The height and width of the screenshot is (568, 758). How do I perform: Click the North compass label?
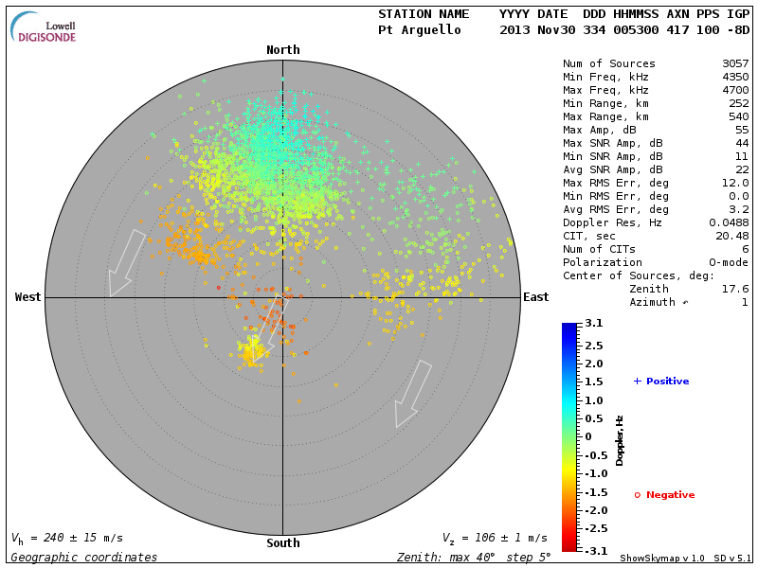click(x=282, y=50)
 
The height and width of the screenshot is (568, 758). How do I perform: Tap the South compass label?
click(x=282, y=543)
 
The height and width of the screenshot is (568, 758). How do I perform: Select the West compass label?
click(x=28, y=297)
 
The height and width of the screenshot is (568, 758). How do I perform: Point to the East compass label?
click(x=536, y=297)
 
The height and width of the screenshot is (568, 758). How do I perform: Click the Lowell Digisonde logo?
click(x=45, y=28)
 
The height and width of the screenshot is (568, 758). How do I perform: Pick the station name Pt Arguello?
click(x=420, y=30)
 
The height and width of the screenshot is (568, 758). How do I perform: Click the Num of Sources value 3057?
click(x=735, y=64)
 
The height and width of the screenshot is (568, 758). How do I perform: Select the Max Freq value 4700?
click(x=735, y=91)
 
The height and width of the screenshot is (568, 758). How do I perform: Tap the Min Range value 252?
click(x=739, y=104)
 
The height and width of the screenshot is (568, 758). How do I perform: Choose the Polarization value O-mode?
click(x=727, y=262)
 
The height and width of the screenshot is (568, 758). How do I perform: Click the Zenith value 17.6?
click(x=735, y=289)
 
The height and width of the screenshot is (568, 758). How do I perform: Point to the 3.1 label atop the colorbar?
click(x=593, y=324)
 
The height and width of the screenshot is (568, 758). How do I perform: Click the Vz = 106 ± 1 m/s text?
click(x=494, y=538)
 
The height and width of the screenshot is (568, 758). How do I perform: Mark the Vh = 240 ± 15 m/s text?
click(x=66, y=538)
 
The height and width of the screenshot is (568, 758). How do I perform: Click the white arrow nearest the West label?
click(x=126, y=262)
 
